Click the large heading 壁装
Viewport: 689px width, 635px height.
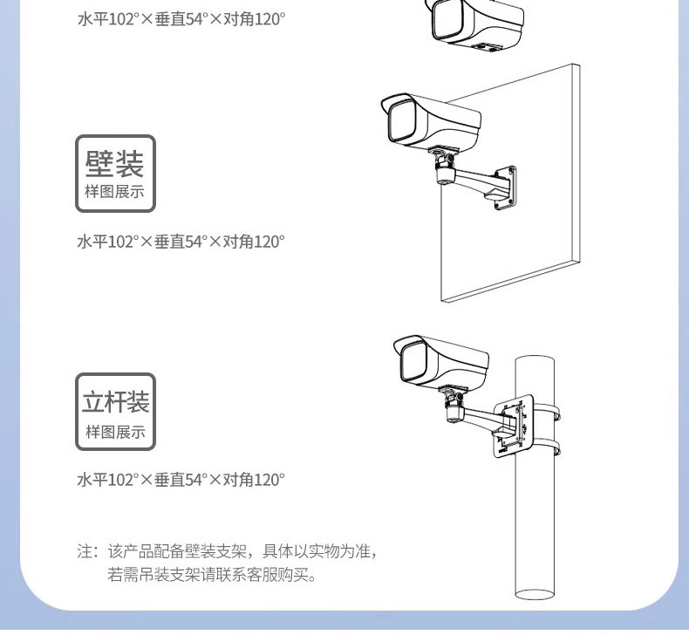tap(115, 162)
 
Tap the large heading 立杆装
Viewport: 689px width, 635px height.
tap(115, 401)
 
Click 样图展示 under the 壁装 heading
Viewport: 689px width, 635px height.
tap(115, 193)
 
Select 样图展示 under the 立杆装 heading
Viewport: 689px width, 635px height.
tap(115, 432)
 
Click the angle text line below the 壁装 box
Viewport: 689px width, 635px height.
tap(181, 242)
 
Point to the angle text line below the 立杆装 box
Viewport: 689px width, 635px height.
tap(181, 480)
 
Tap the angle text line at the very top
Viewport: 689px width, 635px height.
tap(181, 17)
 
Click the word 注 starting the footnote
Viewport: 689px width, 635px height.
tap(85, 551)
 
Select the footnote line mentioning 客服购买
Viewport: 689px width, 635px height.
tap(211, 575)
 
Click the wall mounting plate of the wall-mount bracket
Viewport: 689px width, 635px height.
tap(504, 187)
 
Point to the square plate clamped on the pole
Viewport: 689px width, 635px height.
tap(513, 426)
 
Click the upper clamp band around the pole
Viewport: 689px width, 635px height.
tap(549, 409)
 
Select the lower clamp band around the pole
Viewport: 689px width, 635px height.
tap(549, 451)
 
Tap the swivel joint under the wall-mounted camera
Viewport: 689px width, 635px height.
tap(444, 166)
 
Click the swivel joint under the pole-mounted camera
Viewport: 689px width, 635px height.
tap(454, 406)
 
